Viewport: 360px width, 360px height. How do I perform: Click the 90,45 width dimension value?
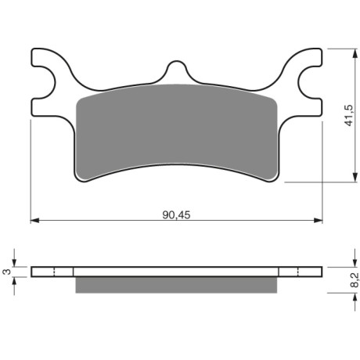176,215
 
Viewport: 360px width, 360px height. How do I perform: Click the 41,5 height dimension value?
349,116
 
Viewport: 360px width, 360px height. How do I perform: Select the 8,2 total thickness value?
355,280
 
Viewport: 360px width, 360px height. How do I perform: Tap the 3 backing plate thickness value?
7,272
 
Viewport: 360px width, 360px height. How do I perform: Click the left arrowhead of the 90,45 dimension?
35,221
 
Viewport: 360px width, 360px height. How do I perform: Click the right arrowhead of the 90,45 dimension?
318,221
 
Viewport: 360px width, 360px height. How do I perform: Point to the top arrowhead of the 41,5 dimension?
355,53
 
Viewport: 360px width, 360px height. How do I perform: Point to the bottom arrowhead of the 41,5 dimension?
355,178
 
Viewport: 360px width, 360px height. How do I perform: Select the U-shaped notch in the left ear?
45,83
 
